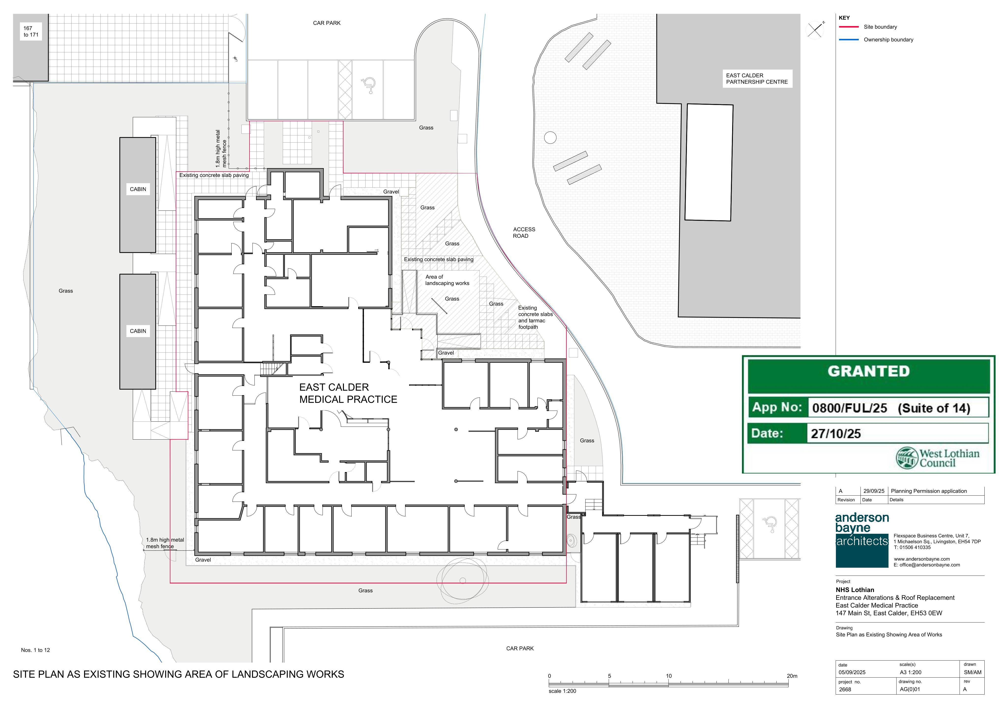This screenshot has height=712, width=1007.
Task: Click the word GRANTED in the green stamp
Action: click(x=868, y=371)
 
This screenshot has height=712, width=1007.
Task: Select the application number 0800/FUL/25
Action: click(x=850, y=408)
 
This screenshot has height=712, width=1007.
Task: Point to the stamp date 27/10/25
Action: click(x=836, y=434)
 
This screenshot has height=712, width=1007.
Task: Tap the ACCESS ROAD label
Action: click(x=524, y=233)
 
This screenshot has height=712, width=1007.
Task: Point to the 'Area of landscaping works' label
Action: click(x=447, y=280)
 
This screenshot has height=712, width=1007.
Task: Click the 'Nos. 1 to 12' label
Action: click(x=36, y=650)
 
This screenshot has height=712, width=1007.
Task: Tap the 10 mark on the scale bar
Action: click(x=669, y=676)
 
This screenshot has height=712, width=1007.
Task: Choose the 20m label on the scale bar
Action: click(x=792, y=676)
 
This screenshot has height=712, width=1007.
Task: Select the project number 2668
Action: click(x=845, y=689)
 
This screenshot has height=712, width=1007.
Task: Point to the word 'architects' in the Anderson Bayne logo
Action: click(x=862, y=541)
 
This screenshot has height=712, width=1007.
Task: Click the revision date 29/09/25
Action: click(x=874, y=491)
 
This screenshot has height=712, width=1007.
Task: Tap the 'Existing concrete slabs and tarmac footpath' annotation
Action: click(x=535, y=317)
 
